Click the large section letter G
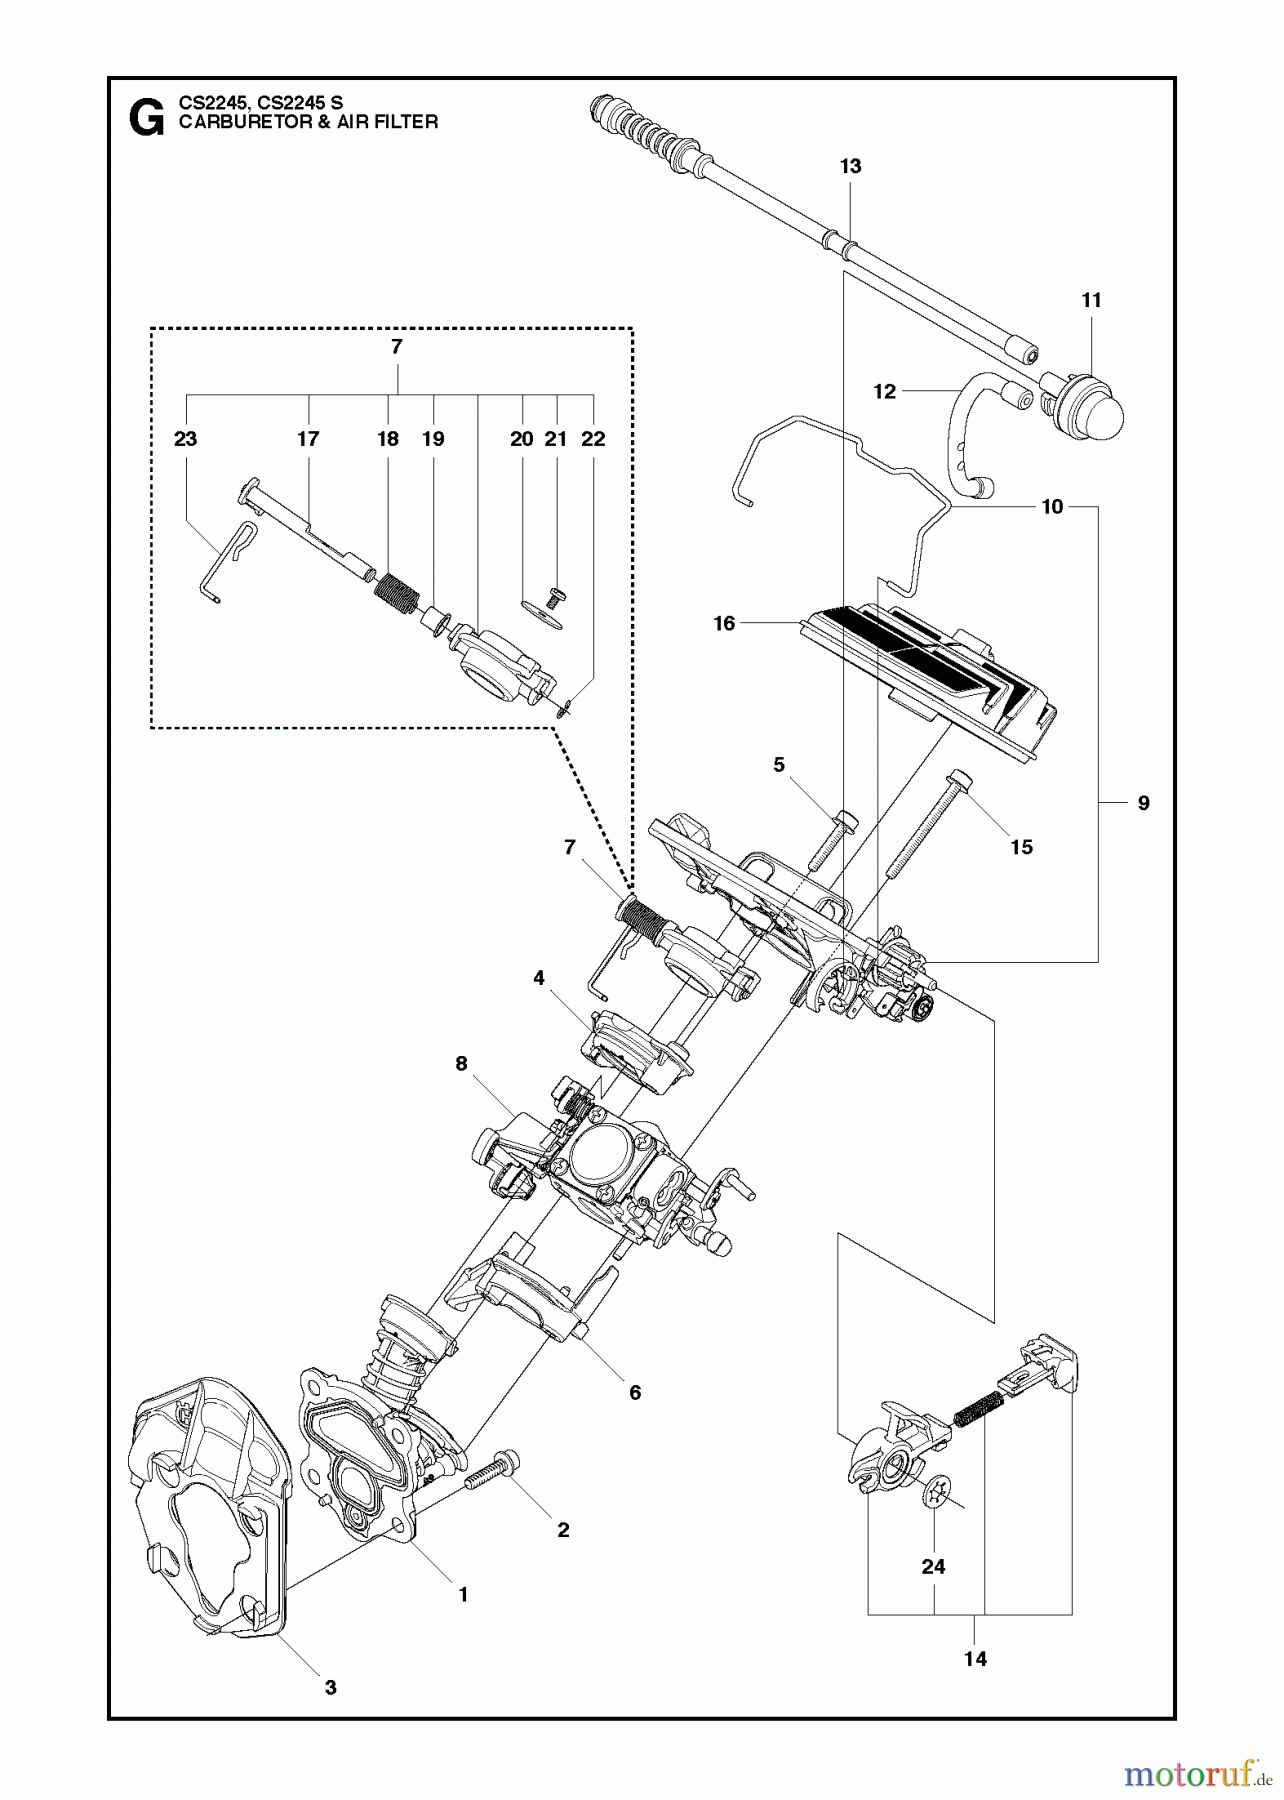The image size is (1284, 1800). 147,119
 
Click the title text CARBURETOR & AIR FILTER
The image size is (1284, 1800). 308,122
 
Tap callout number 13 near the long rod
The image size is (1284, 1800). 850,166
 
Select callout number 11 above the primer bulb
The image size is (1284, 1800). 1091,300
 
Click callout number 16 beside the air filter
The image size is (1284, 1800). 724,624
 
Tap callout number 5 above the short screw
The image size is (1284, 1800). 779,765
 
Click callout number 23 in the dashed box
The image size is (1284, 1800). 185,439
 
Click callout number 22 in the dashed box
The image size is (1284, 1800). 593,439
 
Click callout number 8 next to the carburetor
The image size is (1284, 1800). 461,1063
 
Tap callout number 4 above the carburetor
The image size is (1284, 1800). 539,978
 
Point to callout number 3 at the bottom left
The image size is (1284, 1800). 330,1687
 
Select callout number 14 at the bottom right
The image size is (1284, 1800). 975,1658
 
